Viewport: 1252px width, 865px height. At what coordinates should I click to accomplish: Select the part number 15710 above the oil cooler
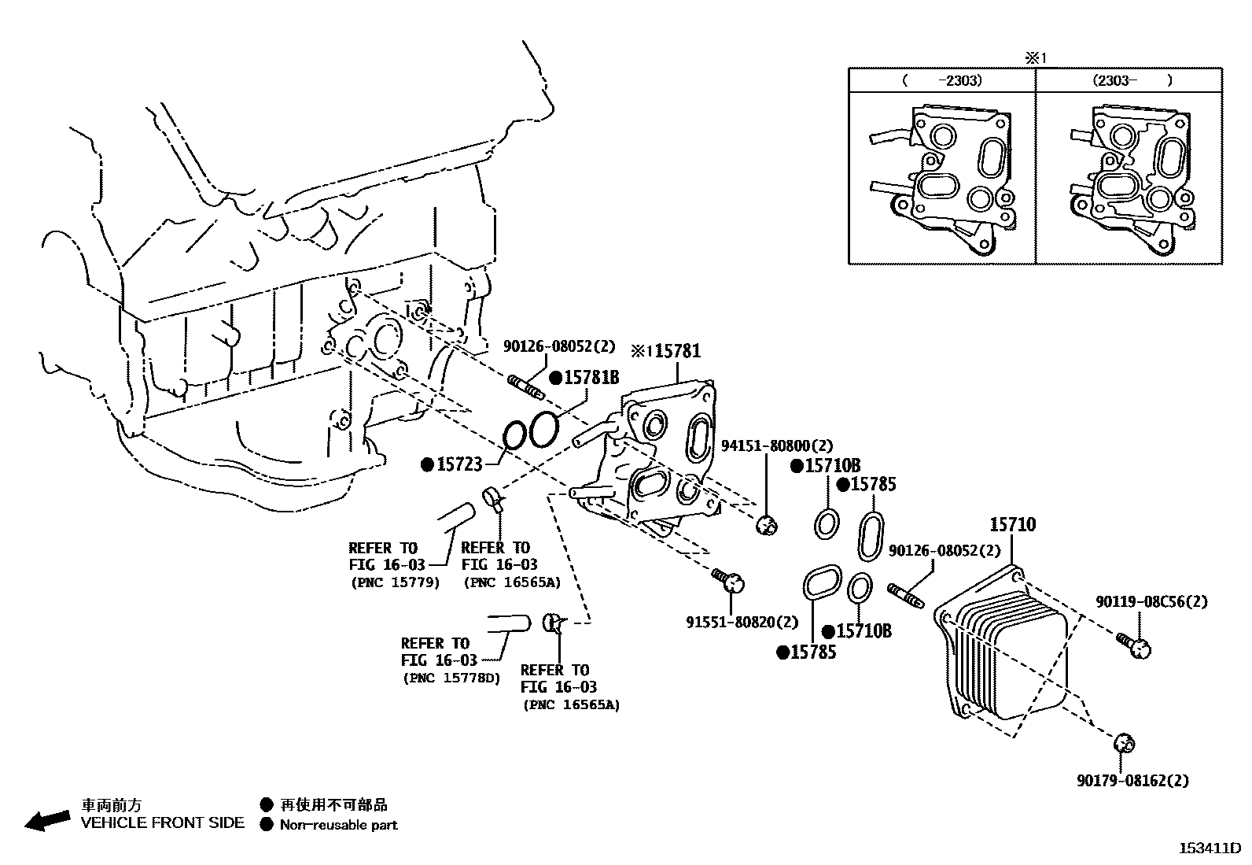pos(1012,524)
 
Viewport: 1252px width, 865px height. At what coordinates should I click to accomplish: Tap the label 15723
pos(459,465)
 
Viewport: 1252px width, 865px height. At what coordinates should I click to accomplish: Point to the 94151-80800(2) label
pos(776,446)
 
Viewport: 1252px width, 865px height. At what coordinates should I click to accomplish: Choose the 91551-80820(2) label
pos(742,622)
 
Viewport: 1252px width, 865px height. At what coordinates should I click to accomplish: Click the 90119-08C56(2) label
pos(1151,601)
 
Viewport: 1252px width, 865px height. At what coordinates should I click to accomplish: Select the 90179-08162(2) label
pos(1132,781)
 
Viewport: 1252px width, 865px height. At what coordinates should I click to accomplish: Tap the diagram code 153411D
pos(1209,848)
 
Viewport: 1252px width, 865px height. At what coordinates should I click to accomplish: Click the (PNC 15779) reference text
pos(394,582)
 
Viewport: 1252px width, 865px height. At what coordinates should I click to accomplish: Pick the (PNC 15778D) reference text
pos(450,678)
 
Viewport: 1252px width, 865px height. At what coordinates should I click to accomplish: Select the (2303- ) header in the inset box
pos(1130,80)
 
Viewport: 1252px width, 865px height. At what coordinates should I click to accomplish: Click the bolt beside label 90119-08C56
pos(1133,645)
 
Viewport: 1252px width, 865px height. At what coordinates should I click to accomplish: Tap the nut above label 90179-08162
pos(1125,742)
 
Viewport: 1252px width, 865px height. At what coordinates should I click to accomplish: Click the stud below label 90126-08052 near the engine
pos(527,388)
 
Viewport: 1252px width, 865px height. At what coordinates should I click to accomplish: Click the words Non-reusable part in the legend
pos(338,825)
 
